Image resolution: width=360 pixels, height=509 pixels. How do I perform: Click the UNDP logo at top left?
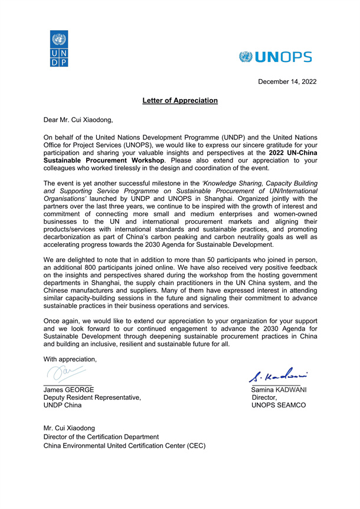59,48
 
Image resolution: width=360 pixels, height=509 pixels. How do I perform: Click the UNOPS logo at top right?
276,57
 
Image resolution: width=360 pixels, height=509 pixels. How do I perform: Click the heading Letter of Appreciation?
180,101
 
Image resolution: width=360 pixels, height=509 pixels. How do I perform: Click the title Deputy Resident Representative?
93,398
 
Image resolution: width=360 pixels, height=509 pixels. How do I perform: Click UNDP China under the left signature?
63,406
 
